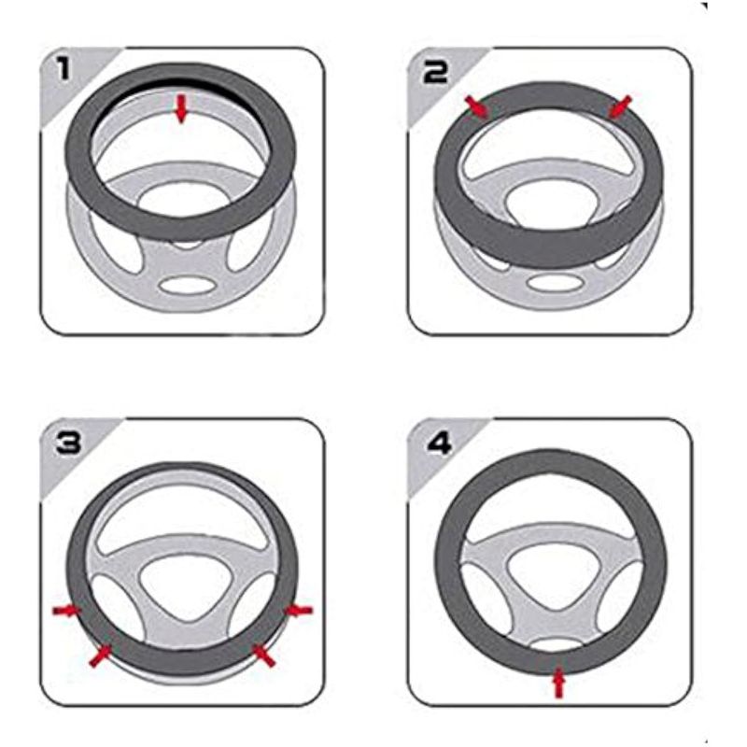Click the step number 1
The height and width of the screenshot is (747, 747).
click(63, 68)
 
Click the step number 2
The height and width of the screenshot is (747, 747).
click(436, 72)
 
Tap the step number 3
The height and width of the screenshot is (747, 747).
click(68, 443)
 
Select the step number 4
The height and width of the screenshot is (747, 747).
click(439, 444)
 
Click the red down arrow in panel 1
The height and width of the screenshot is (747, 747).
click(180, 108)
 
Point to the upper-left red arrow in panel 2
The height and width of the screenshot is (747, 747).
click(477, 107)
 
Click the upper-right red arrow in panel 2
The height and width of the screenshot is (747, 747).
click(621, 107)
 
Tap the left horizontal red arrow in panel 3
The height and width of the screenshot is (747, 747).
click(66, 611)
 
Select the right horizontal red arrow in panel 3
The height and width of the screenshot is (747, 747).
click(298, 611)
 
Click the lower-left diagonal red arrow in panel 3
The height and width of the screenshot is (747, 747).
click(101, 655)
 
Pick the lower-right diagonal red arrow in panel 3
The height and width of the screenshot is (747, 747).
click(263, 655)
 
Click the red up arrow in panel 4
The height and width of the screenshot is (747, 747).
click(558, 684)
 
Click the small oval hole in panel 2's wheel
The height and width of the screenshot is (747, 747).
click(556, 283)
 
